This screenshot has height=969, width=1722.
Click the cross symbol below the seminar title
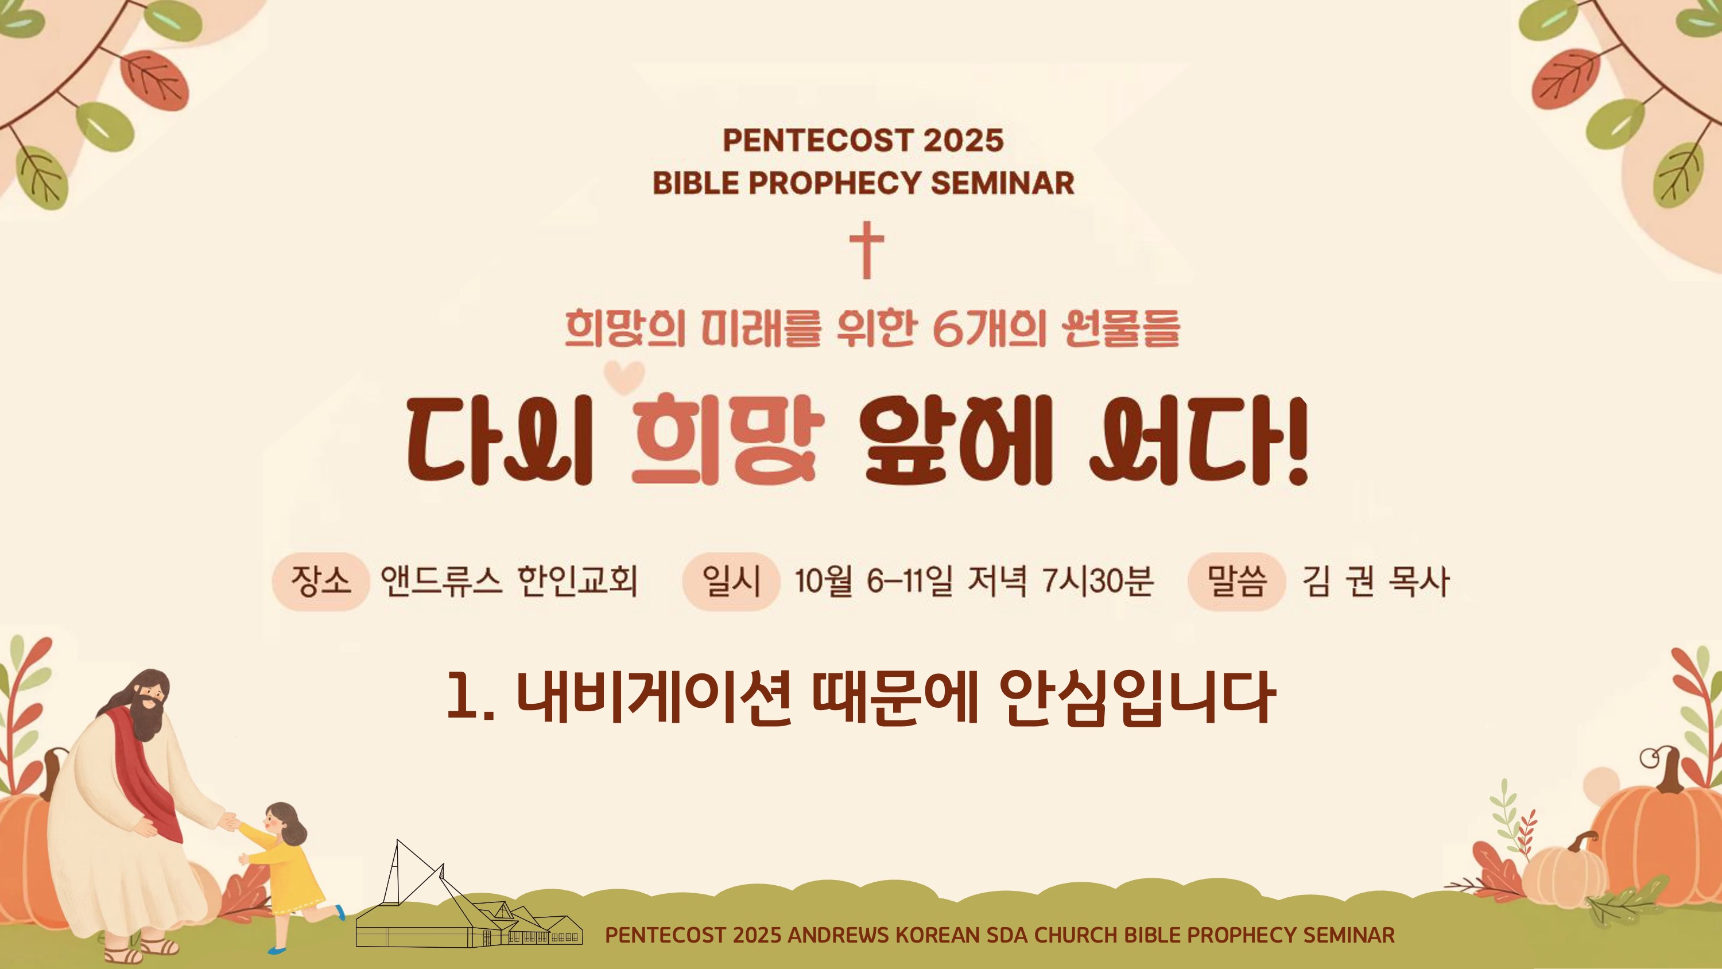tap(866, 250)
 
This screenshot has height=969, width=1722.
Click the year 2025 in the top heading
tap(963, 141)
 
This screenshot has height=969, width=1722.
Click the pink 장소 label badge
tap(321, 581)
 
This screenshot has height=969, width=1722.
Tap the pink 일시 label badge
tap(731, 581)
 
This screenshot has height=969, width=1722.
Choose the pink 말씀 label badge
tap(1237, 581)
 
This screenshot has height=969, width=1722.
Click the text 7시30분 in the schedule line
tap(1097, 580)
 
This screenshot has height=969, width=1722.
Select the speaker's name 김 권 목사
tap(1375, 580)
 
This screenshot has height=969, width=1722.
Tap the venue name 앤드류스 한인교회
tap(509, 580)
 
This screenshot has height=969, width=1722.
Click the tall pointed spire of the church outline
tap(399, 869)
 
